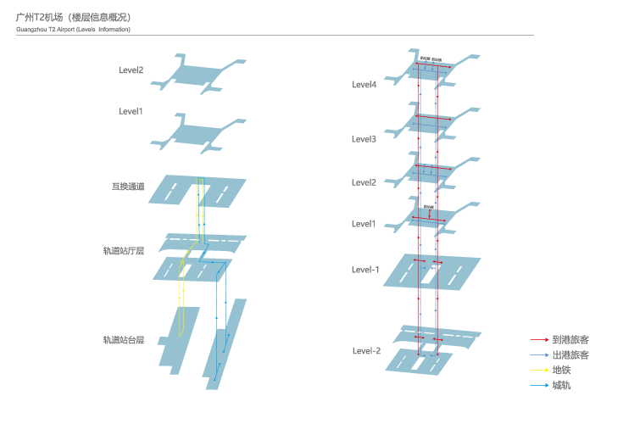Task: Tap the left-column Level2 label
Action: pos(131,70)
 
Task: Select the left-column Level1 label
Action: pos(131,111)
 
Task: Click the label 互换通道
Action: pos(128,187)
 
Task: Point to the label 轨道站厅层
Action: pos(124,251)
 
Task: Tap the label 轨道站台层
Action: pos(124,340)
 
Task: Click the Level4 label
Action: pos(364,84)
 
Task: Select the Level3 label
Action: pos(364,139)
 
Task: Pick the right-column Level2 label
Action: pos(364,182)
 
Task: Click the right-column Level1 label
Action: pos(364,224)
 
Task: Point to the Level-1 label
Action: pos(366,270)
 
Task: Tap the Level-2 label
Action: pos(366,351)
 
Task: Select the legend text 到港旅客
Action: pos(570,339)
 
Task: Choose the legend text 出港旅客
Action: pos(570,354)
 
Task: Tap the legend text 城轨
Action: pos(561,386)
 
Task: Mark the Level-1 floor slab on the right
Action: pos(432,271)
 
